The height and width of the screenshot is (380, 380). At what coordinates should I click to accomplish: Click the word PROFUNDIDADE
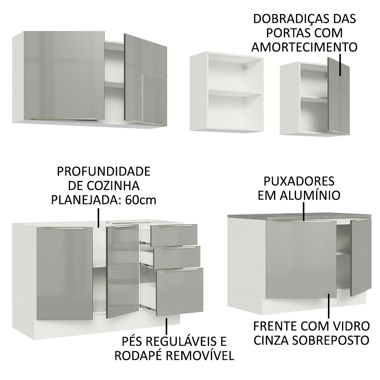click(x=103, y=171)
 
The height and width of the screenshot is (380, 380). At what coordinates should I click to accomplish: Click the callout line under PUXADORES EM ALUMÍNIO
click(x=304, y=211)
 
